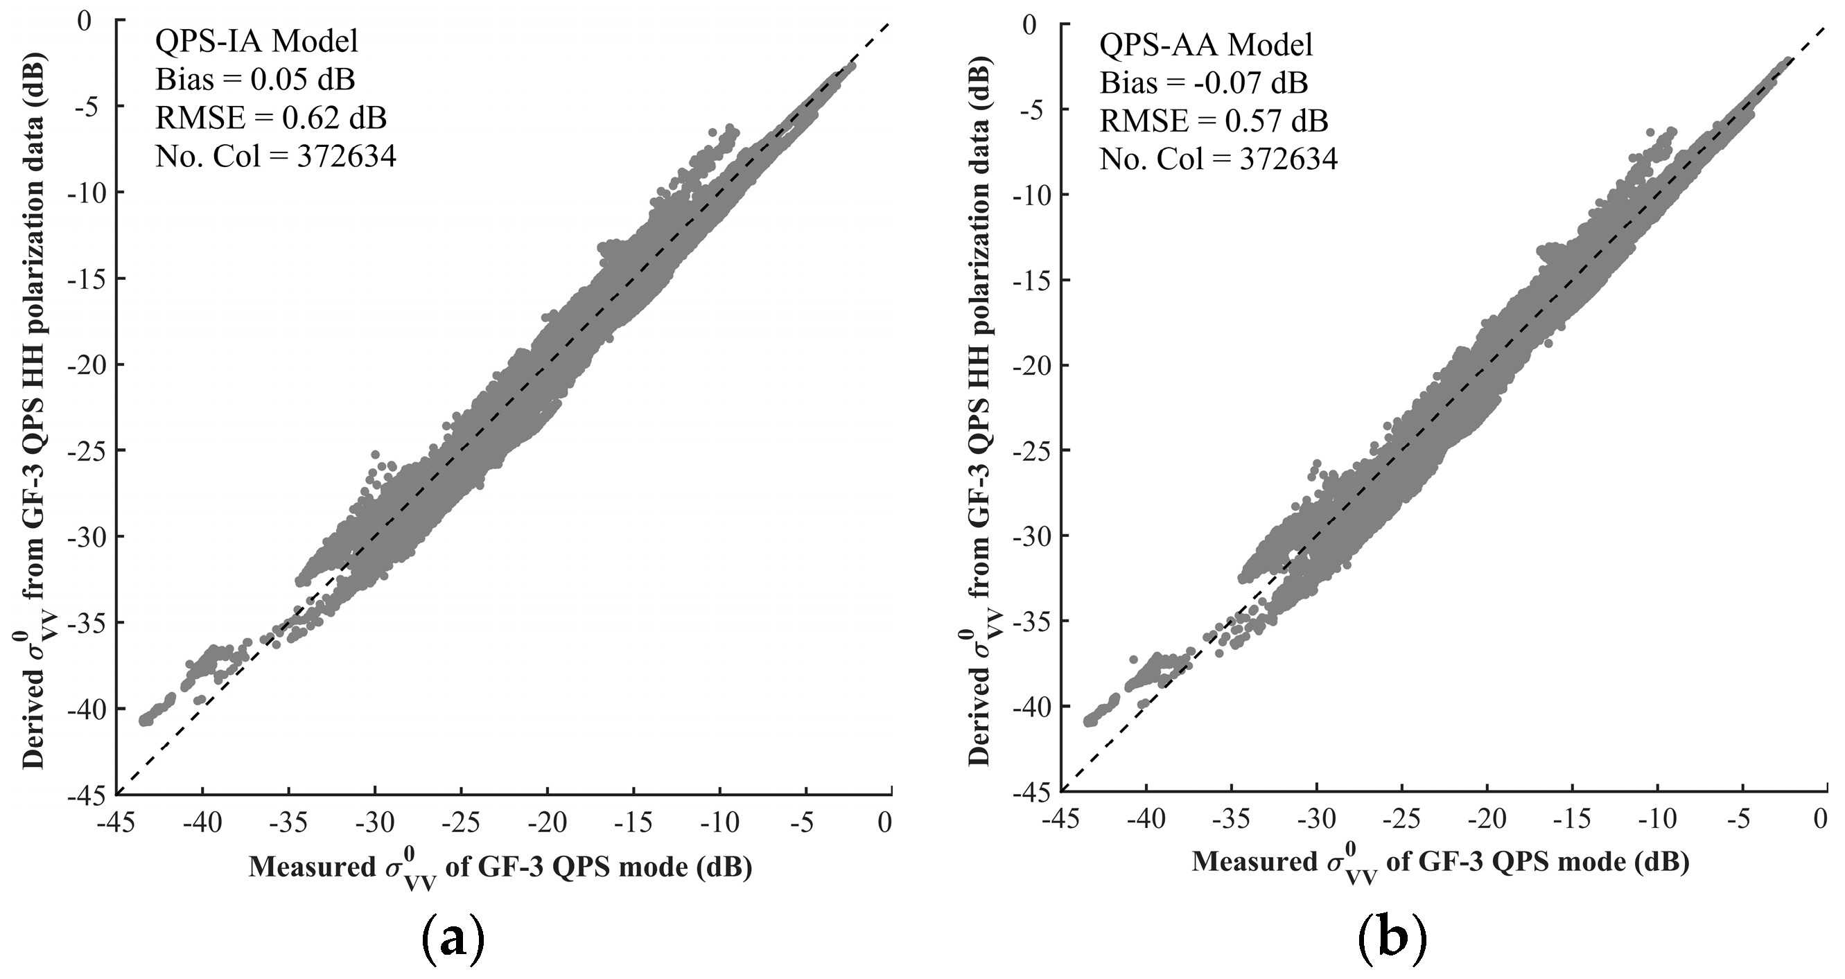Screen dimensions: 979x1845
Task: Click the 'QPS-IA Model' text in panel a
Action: pos(256,42)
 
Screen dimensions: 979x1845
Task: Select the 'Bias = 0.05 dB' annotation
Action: pos(255,80)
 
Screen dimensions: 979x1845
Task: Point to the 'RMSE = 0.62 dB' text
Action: pos(271,118)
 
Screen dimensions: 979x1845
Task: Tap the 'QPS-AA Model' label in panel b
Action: pos(1206,46)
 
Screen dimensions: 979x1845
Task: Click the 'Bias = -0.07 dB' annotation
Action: pos(1204,84)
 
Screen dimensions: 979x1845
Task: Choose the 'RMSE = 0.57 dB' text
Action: pos(1214,122)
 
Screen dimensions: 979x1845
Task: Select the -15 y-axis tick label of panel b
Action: pos(1029,280)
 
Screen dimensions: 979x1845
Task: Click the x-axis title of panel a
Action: pos(500,869)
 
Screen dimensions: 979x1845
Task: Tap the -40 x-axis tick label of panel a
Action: pos(202,823)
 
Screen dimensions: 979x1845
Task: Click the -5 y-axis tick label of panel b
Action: pos(1035,109)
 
